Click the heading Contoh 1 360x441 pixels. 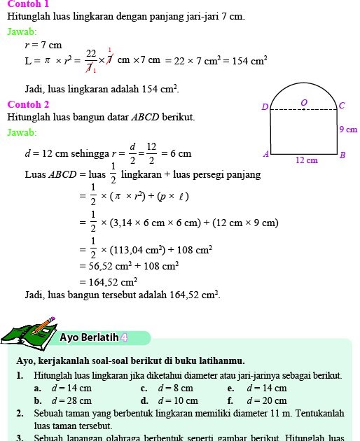[27, 3]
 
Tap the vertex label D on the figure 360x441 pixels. [264, 107]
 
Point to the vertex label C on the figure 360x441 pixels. [341, 106]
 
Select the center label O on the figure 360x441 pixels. [304, 103]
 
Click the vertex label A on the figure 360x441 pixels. [265, 153]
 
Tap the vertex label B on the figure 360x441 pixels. [342, 155]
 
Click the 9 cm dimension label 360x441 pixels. [348, 129]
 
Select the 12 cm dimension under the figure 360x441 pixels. [306, 160]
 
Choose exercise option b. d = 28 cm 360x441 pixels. [63, 401]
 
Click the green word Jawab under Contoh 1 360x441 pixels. [22, 31]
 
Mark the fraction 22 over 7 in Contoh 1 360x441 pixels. [91, 61]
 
